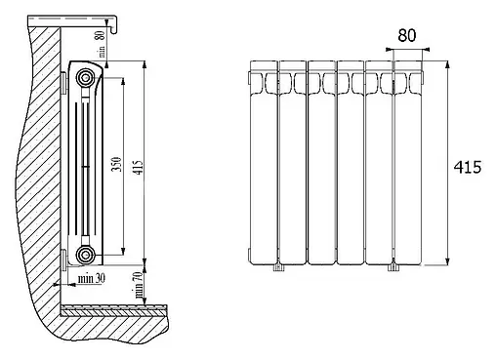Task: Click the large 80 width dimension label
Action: click(407, 35)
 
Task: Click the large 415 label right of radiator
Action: click(468, 168)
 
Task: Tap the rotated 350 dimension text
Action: click(117, 164)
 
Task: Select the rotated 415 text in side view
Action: click(139, 167)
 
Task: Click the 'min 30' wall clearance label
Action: click(92, 278)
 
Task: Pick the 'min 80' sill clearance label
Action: click(102, 44)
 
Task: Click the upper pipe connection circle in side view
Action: click(85, 78)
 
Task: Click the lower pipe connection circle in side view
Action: click(85, 255)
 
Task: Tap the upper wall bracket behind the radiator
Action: click(63, 82)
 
